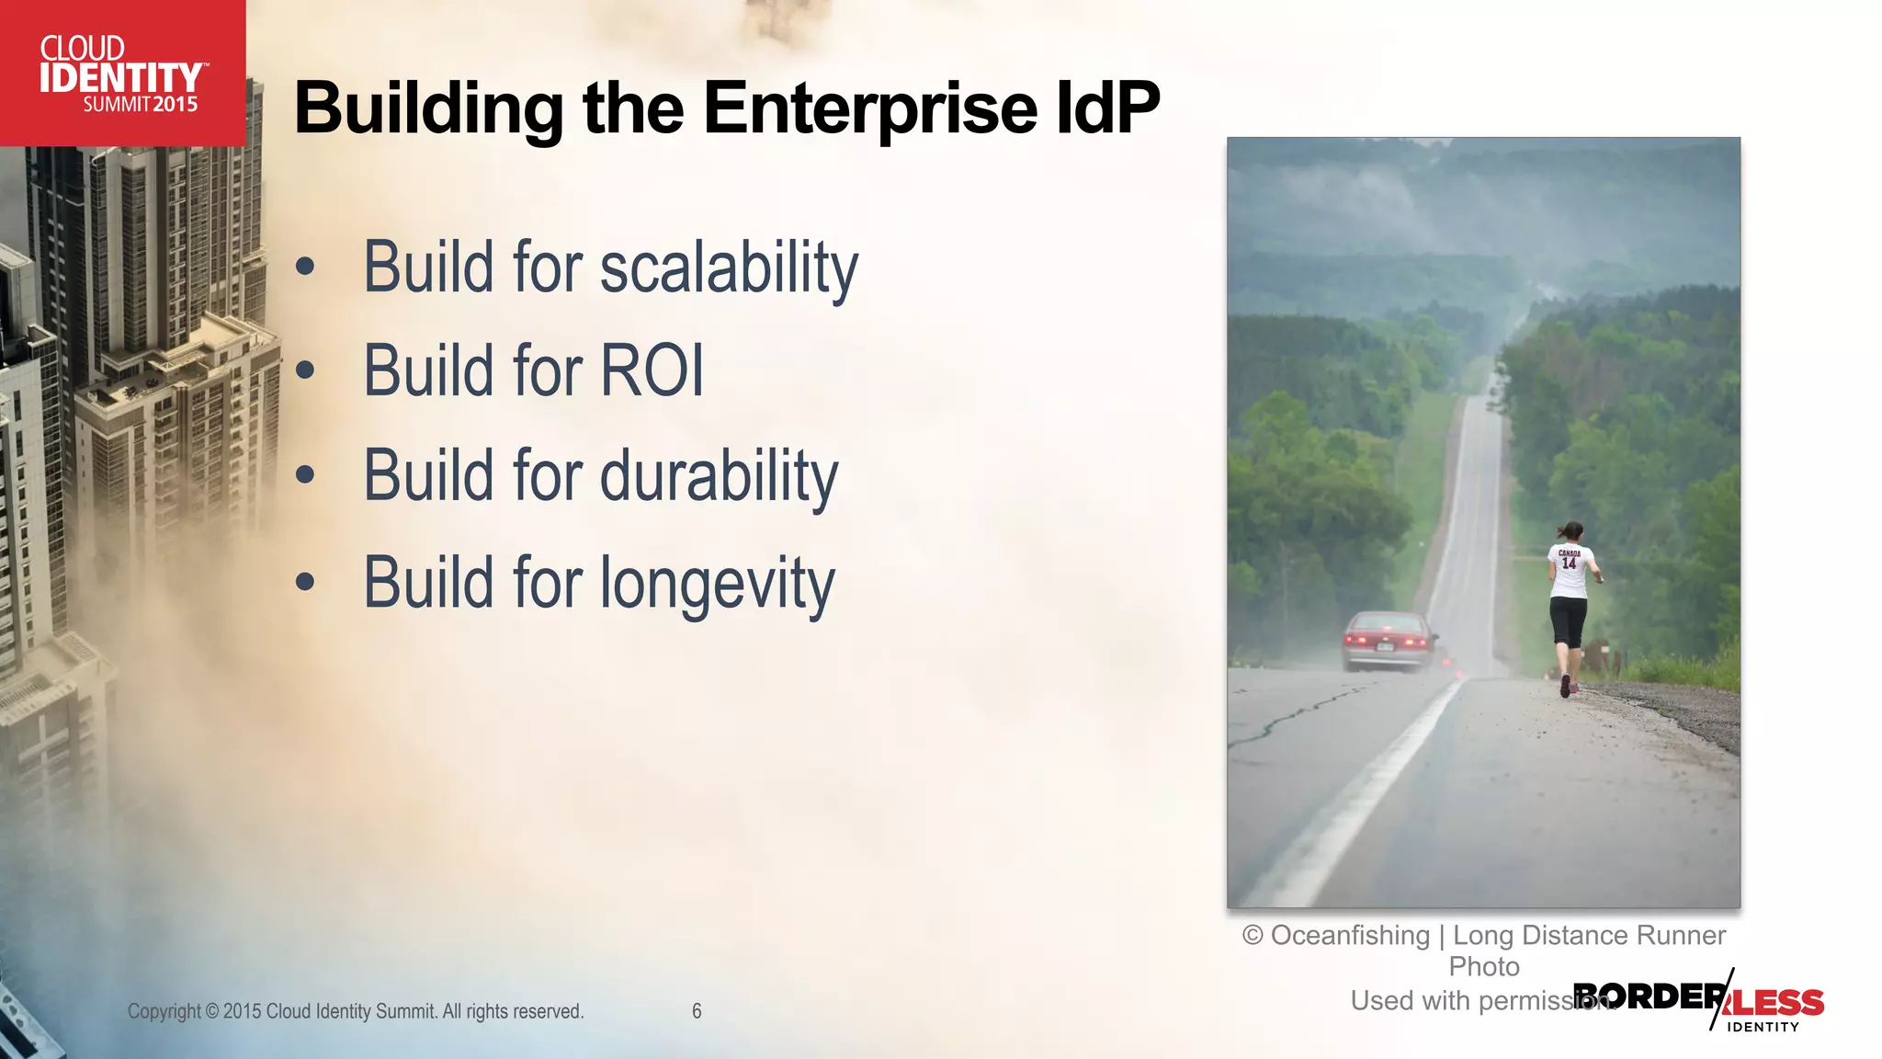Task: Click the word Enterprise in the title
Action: (x=870, y=108)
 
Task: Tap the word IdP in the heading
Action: (x=1108, y=108)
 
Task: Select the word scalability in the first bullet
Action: (x=729, y=268)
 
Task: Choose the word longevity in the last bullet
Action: (x=717, y=584)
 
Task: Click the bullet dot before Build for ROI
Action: (x=305, y=370)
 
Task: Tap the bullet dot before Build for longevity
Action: (x=305, y=582)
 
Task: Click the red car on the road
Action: (x=1387, y=641)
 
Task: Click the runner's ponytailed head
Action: (x=1570, y=533)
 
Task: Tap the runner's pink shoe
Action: (x=1566, y=686)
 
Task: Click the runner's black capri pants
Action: (x=1568, y=621)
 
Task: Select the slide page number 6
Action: (x=697, y=1011)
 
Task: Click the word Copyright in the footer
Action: (x=164, y=1011)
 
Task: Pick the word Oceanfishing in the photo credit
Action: (x=1350, y=936)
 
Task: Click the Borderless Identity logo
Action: (x=1700, y=1002)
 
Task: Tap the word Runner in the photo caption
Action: (x=1681, y=936)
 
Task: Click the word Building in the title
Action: (x=428, y=108)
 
